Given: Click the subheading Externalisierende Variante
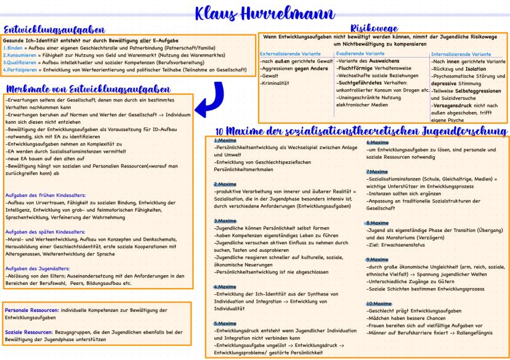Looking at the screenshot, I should pos(289,54).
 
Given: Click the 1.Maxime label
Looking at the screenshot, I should pos(222,141).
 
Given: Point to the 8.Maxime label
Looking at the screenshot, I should pos(376,223).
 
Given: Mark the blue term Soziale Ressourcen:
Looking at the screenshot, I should pos(28,332).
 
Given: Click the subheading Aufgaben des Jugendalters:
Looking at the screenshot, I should pos(38,269).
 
